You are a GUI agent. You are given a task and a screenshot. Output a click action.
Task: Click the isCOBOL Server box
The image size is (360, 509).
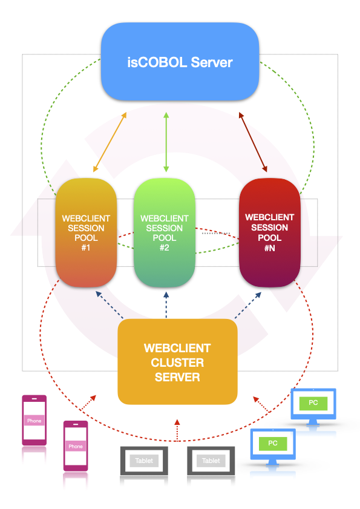180,62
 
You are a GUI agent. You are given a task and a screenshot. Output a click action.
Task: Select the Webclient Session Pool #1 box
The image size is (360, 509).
86,232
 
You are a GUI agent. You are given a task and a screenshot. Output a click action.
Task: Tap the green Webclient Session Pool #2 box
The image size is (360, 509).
164,232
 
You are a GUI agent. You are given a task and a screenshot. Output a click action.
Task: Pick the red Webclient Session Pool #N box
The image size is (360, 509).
269,232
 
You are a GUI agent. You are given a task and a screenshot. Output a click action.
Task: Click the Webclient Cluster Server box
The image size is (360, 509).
177,361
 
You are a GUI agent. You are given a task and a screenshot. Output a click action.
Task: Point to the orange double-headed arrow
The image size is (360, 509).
110,142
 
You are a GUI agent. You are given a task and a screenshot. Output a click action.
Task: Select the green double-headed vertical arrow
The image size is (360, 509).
166,142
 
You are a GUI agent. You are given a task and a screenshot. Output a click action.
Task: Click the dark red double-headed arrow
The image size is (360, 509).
253,142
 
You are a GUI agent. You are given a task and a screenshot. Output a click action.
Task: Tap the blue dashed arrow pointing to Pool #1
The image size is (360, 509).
110,305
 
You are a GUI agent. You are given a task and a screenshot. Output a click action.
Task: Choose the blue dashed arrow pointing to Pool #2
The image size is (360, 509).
166,305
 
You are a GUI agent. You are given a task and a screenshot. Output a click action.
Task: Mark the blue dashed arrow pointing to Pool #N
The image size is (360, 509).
248,305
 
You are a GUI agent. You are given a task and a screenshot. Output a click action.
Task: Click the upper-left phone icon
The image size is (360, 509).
34,420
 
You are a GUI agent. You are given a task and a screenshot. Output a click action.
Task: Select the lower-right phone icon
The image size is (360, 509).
76,445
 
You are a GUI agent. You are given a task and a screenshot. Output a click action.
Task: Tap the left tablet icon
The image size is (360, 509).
144,461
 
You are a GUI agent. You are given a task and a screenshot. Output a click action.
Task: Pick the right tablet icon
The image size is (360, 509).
211,461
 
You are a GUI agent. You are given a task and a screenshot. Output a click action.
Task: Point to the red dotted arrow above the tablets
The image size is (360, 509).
177,430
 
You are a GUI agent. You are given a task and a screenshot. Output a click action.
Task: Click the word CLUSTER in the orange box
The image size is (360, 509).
177,363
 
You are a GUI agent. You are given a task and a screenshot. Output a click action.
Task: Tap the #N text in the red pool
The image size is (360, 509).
269,248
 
